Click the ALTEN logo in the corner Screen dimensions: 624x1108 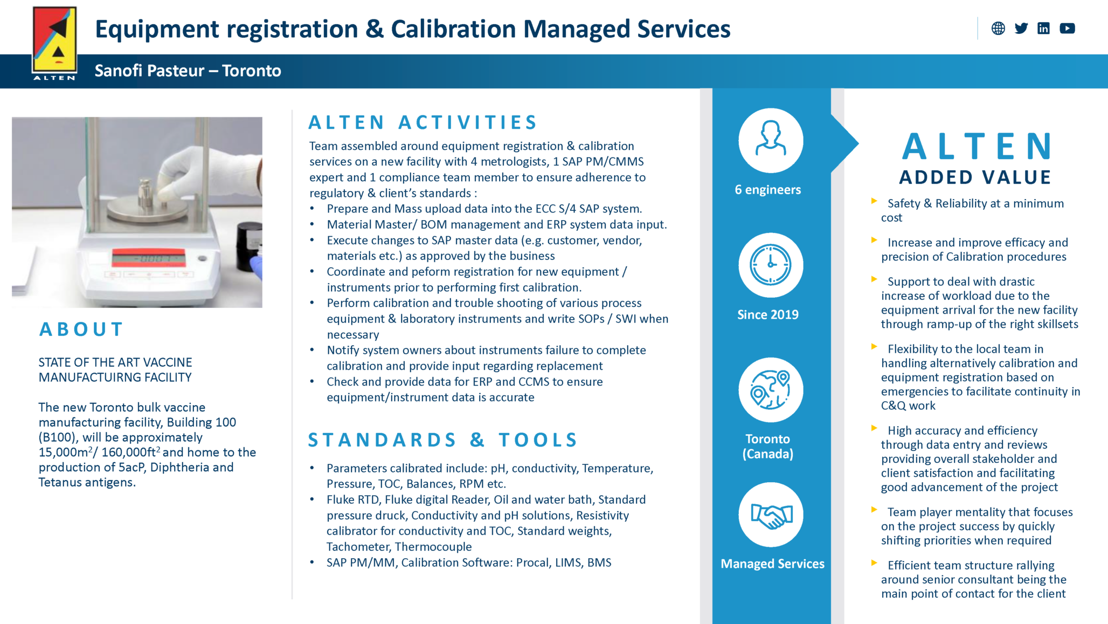(54, 43)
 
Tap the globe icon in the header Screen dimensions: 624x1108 (998, 29)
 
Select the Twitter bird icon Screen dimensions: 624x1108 (1021, 29)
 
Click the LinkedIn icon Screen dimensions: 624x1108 (1043, 29)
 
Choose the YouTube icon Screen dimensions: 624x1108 (1067, 29)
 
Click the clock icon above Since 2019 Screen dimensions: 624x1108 (771, 265)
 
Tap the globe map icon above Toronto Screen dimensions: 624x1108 (771, 389)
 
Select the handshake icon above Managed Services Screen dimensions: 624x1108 (771, 515)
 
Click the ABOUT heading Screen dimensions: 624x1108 (81, 329)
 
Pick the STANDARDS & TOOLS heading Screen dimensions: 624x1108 (442, 440)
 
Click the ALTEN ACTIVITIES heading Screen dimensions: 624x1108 (423, 122)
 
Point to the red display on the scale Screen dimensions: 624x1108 (148, 258)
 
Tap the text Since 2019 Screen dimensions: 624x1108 (768, 314)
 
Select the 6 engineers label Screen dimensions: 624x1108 (768, 190)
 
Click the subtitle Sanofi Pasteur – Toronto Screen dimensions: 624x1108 (188, 71)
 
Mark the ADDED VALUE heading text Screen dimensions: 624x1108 (975, 177)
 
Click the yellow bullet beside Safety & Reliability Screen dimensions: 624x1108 (874, 201)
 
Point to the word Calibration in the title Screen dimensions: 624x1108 (453, 29)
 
